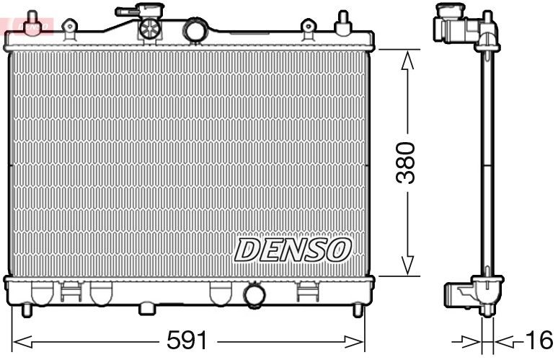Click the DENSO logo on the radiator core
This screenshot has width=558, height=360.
coord(292,250)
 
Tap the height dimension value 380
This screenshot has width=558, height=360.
coord(407,162)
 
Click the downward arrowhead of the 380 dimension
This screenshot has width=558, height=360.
coord(407,265)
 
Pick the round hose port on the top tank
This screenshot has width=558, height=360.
coord(195,30)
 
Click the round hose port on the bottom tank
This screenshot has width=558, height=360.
coord(254,295)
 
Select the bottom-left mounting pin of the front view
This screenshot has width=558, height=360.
coord(27,310)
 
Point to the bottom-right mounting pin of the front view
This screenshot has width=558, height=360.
coord(358,310)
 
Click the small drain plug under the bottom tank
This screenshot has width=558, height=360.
coord(147,309)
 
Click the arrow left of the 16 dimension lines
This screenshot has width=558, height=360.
coord(461,340)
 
